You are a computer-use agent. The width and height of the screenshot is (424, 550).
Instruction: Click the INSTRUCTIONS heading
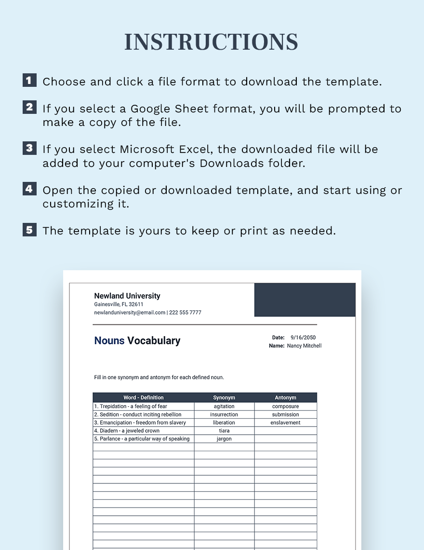(x=211, y=42)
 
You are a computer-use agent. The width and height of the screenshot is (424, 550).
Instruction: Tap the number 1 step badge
(x=29, y=80)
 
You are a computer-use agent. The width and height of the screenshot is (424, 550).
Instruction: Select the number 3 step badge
(x=29, y=148)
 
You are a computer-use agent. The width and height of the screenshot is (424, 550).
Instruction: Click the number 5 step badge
(x=29, y=230)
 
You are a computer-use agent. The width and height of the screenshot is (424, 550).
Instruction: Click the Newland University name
(x=127, y=296)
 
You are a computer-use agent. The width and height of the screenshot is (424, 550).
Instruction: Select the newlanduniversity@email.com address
(x=130, y=313)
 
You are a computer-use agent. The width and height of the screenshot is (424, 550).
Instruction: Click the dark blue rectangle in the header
(x=305, y=300)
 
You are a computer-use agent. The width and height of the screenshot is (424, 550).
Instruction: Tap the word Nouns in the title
(x=109, y=341)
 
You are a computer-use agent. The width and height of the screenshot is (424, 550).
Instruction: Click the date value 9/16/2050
(x=303, y=338)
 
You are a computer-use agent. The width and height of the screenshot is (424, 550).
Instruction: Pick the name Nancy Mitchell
(x=304, y=346)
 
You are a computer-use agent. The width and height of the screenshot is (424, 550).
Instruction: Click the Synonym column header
(x=224, y=398)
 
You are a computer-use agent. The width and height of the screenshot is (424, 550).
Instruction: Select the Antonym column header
(x=285, y=398)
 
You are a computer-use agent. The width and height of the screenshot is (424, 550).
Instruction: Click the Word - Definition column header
(x=143, y=398)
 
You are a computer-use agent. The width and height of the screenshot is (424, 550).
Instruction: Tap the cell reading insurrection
(x=224, y=414)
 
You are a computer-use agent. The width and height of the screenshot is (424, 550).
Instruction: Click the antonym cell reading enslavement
(x=285, y=423)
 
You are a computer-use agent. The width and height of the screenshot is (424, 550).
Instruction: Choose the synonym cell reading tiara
(x=224, y=431)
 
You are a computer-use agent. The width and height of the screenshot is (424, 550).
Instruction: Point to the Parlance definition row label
(x=142, y=439)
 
